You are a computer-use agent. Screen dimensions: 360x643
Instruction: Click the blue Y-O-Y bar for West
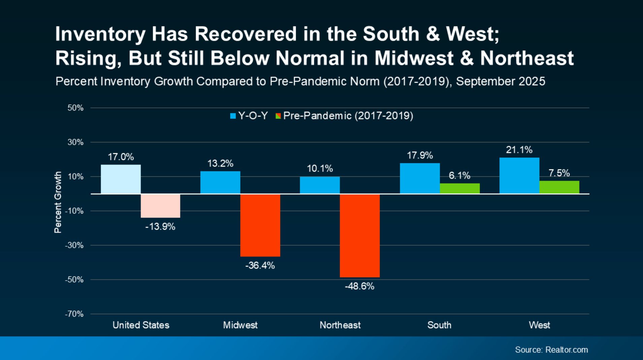pyautogui.click(x=519, y=175)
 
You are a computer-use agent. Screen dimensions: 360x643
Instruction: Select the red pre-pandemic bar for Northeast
pyautogui.click(x=359, y=235)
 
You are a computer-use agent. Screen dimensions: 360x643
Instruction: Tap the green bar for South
pyautogui.click(x=459, y=188)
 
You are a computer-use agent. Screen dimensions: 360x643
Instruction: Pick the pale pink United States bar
pyautogui.click(x=160, y=206)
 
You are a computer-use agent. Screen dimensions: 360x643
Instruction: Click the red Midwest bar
pyautogui.click(x=260, y=225)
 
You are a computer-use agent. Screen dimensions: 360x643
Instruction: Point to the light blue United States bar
pyautogui.click(x=121, y=179)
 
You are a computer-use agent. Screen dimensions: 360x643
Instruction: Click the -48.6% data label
pyautogui.click(x=359, y=286)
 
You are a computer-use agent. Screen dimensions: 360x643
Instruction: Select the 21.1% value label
pyautogui.click(x=519, y=150)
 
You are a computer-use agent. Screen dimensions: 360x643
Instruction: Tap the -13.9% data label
pyautogui.click(x=160, y=227)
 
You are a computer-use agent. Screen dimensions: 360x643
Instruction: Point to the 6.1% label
pyautogui.click(x=459, y=175)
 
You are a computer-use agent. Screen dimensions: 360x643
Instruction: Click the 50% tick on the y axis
pyautogui.click(x=75, y=108)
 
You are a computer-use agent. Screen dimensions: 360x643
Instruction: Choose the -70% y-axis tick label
pyautogui.click(x=74, y=314)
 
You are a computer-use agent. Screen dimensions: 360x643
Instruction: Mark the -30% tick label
pyautogui.click(x=74, y=246)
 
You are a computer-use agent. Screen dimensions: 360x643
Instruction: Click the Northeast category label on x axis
pyautogui.click(x=340, y=325)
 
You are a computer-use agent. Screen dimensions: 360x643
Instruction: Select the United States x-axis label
pyautogui.click(x=141, y=325)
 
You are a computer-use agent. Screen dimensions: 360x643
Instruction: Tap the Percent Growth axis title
pyautogui.click(x=58, y=202)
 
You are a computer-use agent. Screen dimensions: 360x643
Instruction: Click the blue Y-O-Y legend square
pyautogui.click(x=233, y=116)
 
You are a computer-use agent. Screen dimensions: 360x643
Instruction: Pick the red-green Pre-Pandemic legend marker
pyautogui.click(x=278, y=116)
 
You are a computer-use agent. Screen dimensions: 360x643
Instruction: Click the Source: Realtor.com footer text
pyautogui.click(x=551, y=350)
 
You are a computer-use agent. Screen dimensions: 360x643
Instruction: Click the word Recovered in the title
pyautogui.click(x=246, y=34)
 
